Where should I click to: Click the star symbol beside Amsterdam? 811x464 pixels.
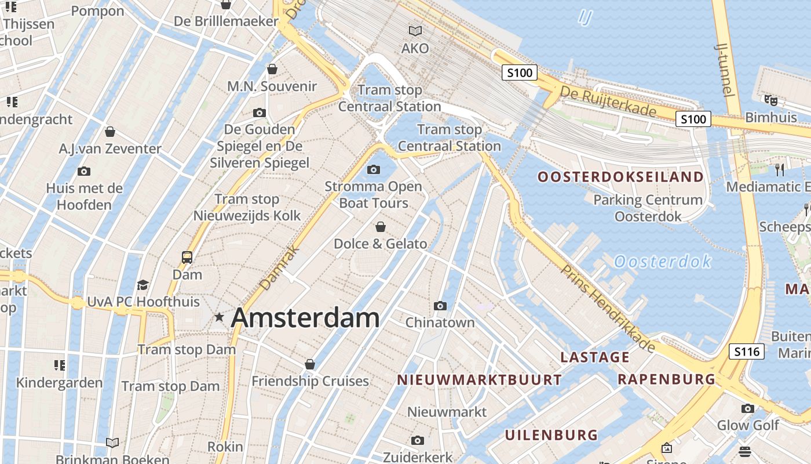219,317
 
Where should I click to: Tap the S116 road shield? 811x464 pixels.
746,351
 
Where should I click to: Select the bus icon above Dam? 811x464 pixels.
187,257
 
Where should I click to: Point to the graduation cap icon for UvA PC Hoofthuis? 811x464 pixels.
143,285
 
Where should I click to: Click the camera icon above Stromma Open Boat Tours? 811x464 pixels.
374,169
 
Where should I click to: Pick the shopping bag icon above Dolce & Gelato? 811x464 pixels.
381,226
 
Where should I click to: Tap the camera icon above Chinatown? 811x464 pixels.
440,306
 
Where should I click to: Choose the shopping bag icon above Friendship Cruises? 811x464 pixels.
310,364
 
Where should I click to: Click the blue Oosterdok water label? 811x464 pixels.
663,262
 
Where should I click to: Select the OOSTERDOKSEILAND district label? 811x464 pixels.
620,176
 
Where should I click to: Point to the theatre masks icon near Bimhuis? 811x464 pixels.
770,100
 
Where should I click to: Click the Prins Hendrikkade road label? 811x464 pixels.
608,309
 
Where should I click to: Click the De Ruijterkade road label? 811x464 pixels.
608,101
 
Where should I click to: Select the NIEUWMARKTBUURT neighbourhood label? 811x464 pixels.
479,380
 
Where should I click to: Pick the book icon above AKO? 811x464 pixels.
415,31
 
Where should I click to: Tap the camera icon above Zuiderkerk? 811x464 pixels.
417,441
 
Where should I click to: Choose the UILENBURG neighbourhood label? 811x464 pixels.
551,435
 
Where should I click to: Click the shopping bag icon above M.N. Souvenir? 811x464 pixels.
272,70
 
